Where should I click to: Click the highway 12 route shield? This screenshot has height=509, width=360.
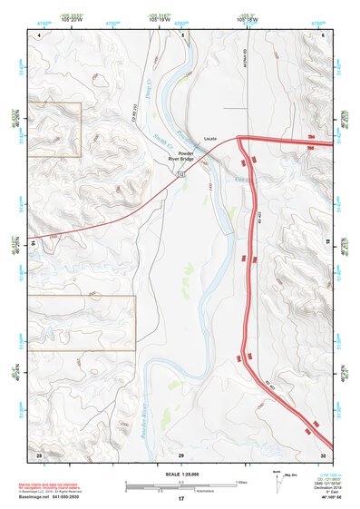point(182,171)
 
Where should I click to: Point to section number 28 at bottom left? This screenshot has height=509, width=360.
point(39,453)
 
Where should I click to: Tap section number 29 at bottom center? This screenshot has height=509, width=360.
point(181,453)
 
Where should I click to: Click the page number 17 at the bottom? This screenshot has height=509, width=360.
point(181,499)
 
